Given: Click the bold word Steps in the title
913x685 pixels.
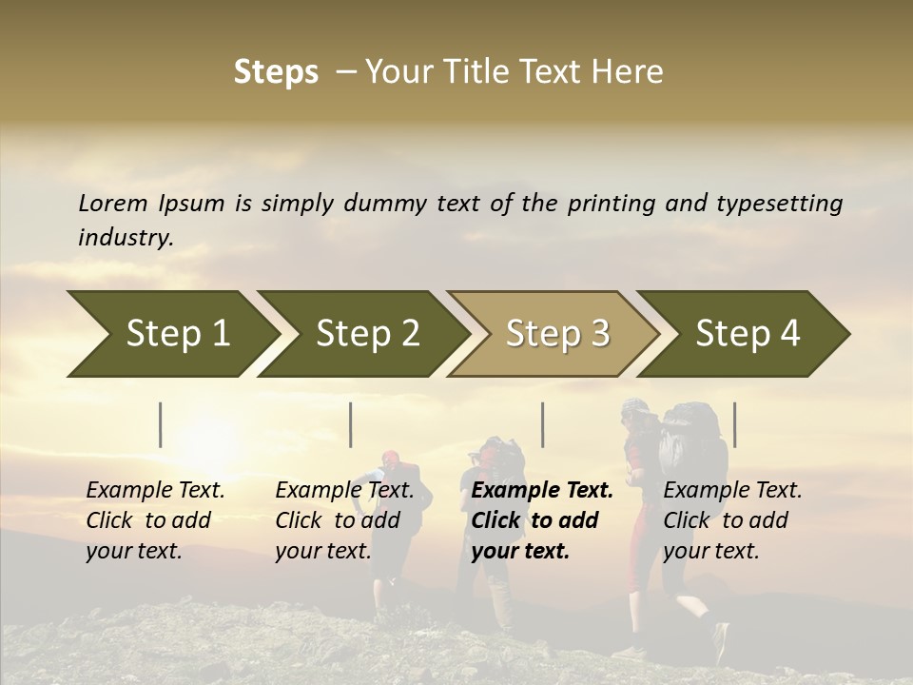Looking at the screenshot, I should pyautogui.click(x=276, y=72).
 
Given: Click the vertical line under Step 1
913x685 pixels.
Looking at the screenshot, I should pyautogui.click(x=161, y=424).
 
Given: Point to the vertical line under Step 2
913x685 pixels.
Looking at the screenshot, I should pyautogui.click(x=351, y=424).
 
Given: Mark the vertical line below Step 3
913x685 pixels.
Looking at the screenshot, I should pyautogui.click(x=543, y=424).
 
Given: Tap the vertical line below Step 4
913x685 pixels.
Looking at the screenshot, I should pyautogui.click(x=735, y=424).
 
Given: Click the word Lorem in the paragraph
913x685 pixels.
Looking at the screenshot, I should pyautogui.click(x=113, y=203).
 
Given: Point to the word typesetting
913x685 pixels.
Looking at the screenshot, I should pyautogui.click(x=779, y=204).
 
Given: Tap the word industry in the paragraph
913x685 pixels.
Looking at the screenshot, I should pyautogui.click(x=126, y=238).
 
